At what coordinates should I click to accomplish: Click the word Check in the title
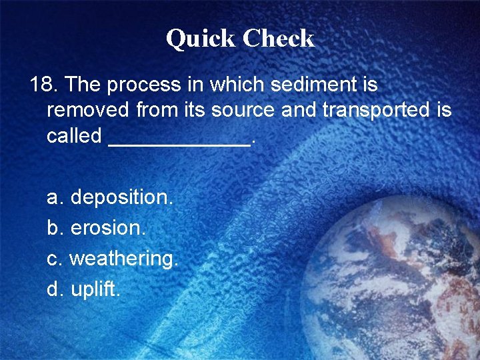pyautogui.click(x=279, y=39)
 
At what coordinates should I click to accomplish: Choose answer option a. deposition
pyautogui.click(x=110, y=197)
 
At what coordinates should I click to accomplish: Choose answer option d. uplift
pyautogui.click(x=84, y=289)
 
